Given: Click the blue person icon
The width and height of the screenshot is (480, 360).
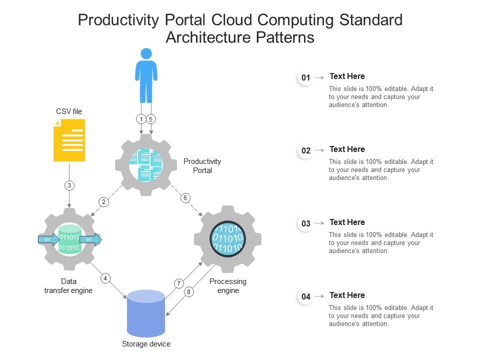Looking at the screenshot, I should click(x=146, y=75).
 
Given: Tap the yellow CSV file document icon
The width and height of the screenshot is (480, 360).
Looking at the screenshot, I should click(x=69, y=140).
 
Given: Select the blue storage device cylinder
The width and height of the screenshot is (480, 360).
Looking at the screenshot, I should click(x=146, y=313).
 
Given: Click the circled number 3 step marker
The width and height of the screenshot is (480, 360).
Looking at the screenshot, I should click(x=69, y=185).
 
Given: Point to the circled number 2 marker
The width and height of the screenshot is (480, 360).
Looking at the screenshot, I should click(x=103, y=202).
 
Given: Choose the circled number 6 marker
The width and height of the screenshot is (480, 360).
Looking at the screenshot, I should click(x=185, y=198).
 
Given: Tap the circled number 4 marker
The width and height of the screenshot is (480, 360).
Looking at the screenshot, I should click(x=105, y=278).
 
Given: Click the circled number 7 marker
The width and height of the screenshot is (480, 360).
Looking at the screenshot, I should click(x=178, y=283).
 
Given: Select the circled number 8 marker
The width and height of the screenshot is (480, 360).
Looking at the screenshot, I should click(x=188, y=292).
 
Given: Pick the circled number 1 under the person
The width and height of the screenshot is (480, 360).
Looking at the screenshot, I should click(x=141, y=119).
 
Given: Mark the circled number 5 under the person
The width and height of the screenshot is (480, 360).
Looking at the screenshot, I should click(x=151, y=119).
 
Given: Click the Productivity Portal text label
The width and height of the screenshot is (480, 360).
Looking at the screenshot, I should click(x=202, y=166).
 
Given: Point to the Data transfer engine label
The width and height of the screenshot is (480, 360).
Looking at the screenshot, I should click(x=68, y=286).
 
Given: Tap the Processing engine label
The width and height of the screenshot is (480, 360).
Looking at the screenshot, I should click(x=228, y=286).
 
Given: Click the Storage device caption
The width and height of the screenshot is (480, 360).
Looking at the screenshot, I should click(x=146, y=344).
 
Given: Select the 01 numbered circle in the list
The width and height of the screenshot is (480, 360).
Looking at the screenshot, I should click(x=305, y=77).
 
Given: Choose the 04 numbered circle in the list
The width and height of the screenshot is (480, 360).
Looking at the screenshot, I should click(x=305, y=296).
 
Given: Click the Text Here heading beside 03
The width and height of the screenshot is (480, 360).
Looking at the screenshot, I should click(x=347, y=222).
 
